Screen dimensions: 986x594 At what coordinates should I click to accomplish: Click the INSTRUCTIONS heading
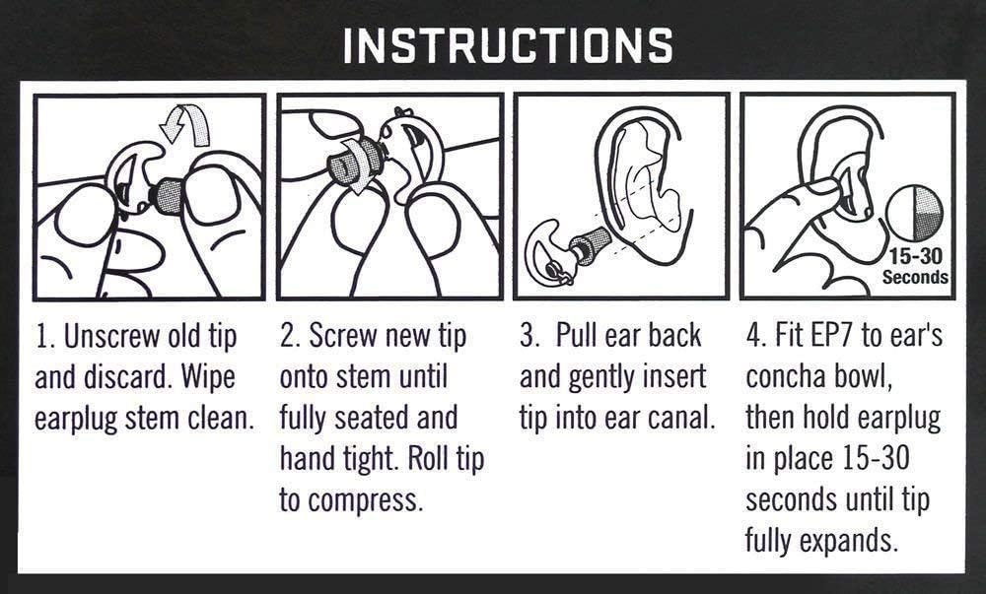508,45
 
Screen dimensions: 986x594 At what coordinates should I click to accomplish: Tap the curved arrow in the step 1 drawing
185,124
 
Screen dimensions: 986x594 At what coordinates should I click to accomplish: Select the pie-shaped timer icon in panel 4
914,213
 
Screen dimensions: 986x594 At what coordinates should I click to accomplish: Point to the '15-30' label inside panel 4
915,256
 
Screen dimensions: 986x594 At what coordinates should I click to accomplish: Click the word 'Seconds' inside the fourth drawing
915,277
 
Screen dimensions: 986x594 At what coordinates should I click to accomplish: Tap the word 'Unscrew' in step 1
112,337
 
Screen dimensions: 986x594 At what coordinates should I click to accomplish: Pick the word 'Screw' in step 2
343,336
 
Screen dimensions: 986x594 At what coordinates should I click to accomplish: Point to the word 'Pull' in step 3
577,336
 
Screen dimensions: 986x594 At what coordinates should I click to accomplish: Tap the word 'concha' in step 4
786,377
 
